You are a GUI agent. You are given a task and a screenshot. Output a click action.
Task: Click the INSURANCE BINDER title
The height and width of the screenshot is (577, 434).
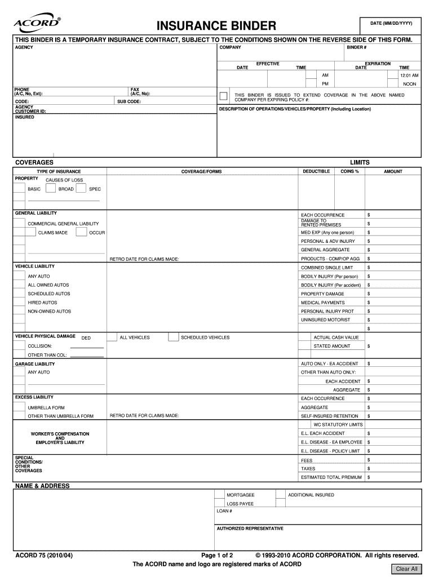(x=216, y=26)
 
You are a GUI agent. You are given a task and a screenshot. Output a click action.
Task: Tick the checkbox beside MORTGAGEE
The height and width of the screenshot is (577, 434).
(x=219, y=494)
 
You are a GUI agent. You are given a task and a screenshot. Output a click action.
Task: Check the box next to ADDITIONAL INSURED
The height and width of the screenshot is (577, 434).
(x=280, y=494)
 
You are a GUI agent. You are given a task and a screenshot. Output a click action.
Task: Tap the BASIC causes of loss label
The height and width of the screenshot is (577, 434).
(x=34, y=189)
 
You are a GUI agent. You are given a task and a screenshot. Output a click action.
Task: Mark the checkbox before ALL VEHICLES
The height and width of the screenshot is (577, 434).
(x=112, y=337)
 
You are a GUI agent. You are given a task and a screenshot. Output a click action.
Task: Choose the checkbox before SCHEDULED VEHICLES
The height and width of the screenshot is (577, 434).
(x=172, y=337)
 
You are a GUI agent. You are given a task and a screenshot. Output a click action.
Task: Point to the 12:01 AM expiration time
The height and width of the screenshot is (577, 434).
(x=409, y=75)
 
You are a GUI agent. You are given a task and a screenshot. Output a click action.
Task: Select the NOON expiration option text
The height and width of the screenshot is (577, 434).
(x=410, y=84)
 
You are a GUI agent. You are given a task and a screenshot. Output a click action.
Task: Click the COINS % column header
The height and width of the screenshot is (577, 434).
(x=349, y=171)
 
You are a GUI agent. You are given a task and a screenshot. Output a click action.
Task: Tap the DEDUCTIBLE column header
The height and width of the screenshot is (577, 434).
(x=316, y=171)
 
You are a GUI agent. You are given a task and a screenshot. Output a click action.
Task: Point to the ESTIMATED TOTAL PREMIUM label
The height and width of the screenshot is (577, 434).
(x=331, y=477)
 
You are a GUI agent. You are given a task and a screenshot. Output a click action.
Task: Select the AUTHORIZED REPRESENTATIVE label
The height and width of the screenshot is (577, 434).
(x=250, y=529)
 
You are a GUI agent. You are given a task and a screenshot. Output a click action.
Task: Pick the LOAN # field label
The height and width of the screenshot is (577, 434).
(x=224, y=511)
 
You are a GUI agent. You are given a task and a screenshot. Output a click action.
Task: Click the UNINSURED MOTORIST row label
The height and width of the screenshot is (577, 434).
(x=325, y=320)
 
